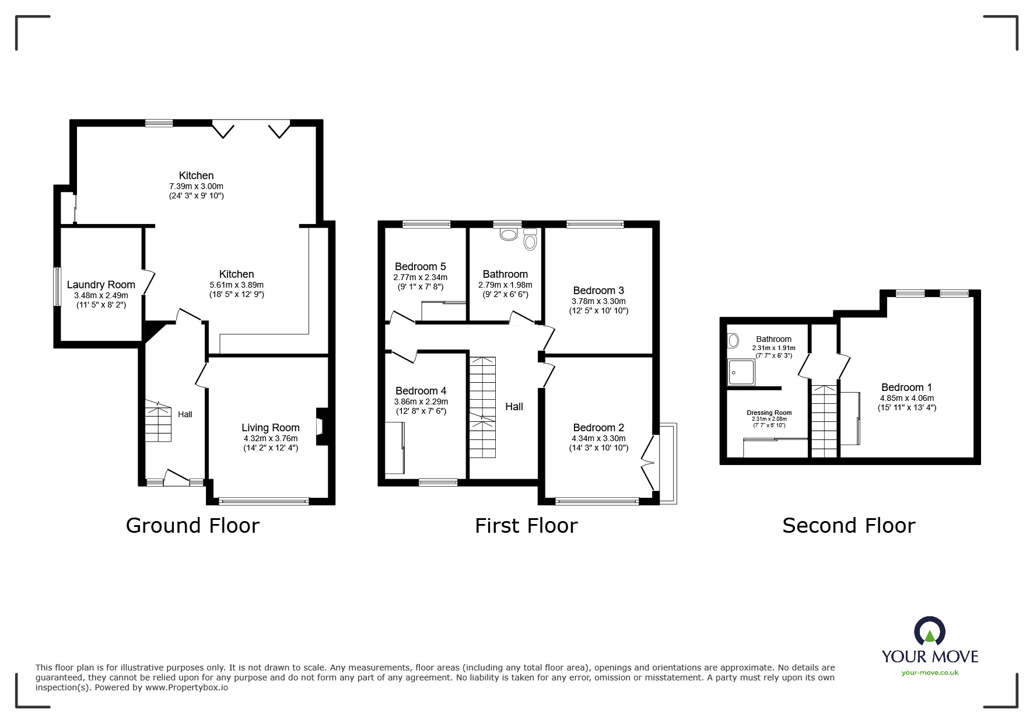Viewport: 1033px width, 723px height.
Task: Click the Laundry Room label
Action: (x=101, y=285)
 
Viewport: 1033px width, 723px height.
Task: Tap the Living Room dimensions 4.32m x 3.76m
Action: (x=271, y=438)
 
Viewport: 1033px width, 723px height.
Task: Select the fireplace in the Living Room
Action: (x=321, y=427)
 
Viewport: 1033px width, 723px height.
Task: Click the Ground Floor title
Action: (x=192, y=525)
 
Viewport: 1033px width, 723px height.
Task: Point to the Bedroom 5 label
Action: (x=420, y=267)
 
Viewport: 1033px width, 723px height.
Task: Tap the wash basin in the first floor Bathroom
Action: (x=509, y=235)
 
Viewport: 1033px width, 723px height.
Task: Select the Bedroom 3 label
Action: (x=598, y=290)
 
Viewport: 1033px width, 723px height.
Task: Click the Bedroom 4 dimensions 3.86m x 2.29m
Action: (x=421, y=401)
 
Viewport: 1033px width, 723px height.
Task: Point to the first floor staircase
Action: (x=483, y=407)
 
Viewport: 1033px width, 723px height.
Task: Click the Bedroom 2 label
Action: (x=598, y=428)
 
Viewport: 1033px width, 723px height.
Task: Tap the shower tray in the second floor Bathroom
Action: (x=741, y=372)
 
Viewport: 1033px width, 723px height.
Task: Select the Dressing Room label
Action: (x=769, y=413)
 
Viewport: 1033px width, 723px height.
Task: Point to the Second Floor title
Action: (x=848, y=525)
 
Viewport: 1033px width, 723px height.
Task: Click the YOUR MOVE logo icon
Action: (x=929, y=632)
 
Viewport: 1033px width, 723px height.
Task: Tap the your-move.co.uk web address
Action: (x=930, y=673)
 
